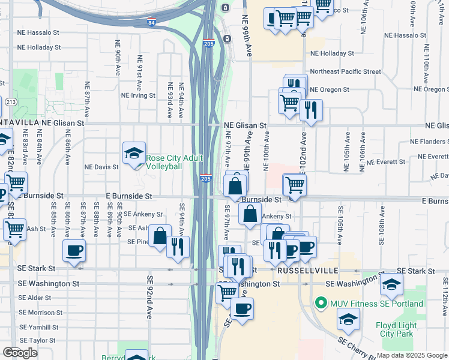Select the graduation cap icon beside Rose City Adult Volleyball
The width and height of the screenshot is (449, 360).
click(x=134, y=153)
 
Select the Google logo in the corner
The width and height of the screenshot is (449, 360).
click(x=20, y=353)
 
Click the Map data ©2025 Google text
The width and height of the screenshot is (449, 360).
click(x=412, y=355)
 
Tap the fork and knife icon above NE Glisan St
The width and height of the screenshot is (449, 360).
click(x=310, y=110)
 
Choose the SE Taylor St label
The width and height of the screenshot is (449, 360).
click(x=37, y=340)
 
